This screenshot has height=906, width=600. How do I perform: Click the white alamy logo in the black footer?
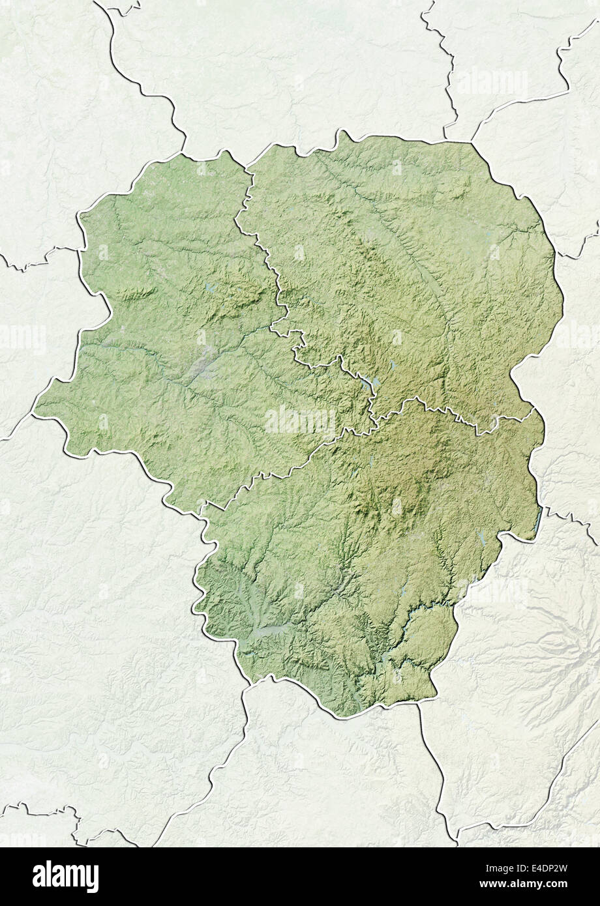(x=65, y=877)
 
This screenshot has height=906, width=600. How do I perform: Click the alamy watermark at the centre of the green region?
(x=300, y=420)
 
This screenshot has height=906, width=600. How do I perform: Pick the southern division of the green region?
(x=365, y=554)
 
